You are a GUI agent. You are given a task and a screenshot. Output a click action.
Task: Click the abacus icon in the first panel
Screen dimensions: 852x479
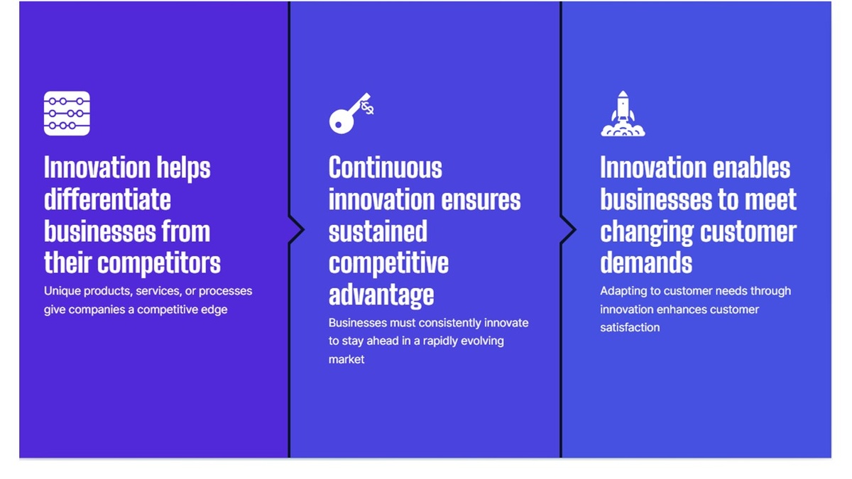67,114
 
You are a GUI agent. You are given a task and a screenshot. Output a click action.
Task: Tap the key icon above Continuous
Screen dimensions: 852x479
351,114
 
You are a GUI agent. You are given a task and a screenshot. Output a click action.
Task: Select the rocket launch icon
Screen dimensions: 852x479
623,114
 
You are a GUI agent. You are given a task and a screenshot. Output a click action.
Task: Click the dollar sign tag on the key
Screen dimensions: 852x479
368,108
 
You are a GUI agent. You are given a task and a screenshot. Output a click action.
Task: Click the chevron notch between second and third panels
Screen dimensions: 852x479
569,230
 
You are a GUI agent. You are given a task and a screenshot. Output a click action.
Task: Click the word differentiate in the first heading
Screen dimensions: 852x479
107,199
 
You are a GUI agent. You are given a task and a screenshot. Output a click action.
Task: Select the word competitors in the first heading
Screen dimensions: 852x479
159,263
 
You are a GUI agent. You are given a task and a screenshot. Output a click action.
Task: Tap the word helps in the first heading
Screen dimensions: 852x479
183,168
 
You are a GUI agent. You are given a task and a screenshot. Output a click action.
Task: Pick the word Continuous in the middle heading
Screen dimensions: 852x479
386,167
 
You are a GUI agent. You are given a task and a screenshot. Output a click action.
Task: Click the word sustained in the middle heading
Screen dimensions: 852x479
378,231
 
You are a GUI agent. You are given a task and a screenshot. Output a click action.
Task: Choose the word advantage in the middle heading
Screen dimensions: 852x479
381,295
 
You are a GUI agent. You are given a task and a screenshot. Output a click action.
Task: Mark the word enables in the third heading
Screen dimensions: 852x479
751,167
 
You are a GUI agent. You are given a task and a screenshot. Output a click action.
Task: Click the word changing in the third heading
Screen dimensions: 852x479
647,232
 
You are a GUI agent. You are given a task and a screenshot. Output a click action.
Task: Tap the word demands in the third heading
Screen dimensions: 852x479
646,263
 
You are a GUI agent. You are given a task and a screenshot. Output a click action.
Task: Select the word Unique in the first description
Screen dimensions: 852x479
62,291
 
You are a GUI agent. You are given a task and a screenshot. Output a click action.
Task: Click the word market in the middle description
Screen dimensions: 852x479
346,359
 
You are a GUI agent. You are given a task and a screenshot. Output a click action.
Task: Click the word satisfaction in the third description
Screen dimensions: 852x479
630,327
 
